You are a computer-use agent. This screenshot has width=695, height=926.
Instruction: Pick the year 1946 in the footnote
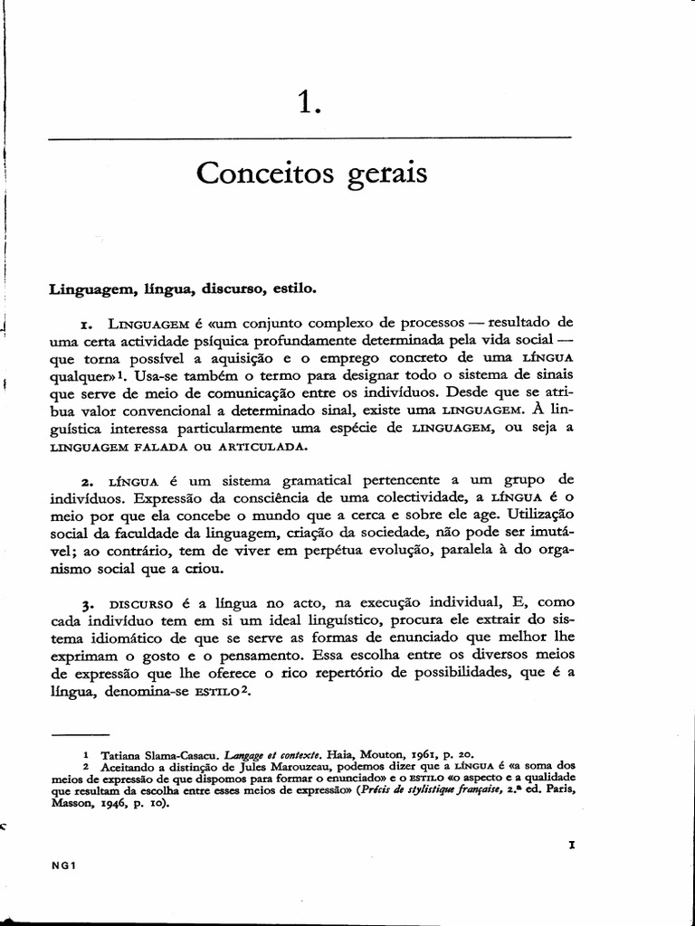pos(118,802)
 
